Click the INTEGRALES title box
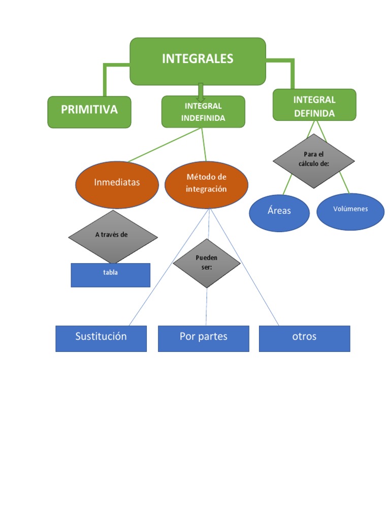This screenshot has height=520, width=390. pyautogui.click(x=198, y=60)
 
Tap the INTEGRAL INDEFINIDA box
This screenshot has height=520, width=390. pyautogui.click(x=203, y=112)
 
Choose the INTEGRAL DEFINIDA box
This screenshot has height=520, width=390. pyautogui.click(x=314, y=105)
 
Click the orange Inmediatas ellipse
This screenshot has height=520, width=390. pyautogui.click(x=117, y=184)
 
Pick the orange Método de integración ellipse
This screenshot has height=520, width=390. pyautogui.click(x=206, y=184)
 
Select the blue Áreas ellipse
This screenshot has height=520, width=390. pyautogui.click(x=279, y=213)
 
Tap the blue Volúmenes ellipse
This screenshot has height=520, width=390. pyautogui.click(x=350, y=211)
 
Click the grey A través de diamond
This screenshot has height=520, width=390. pyautogui.click(x=113, y=237)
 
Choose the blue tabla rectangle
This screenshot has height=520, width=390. pyautogui.click(x=110, y=275)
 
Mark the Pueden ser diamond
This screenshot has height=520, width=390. pyautogui.click(x=206, y=263)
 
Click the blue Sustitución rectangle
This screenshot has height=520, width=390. pyautogui.click(x=101, y=339)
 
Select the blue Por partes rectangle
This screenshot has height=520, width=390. pyautogui.click(x=204, y=339)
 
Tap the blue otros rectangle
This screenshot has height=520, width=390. pyautogui.click(x=305, y=339)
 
